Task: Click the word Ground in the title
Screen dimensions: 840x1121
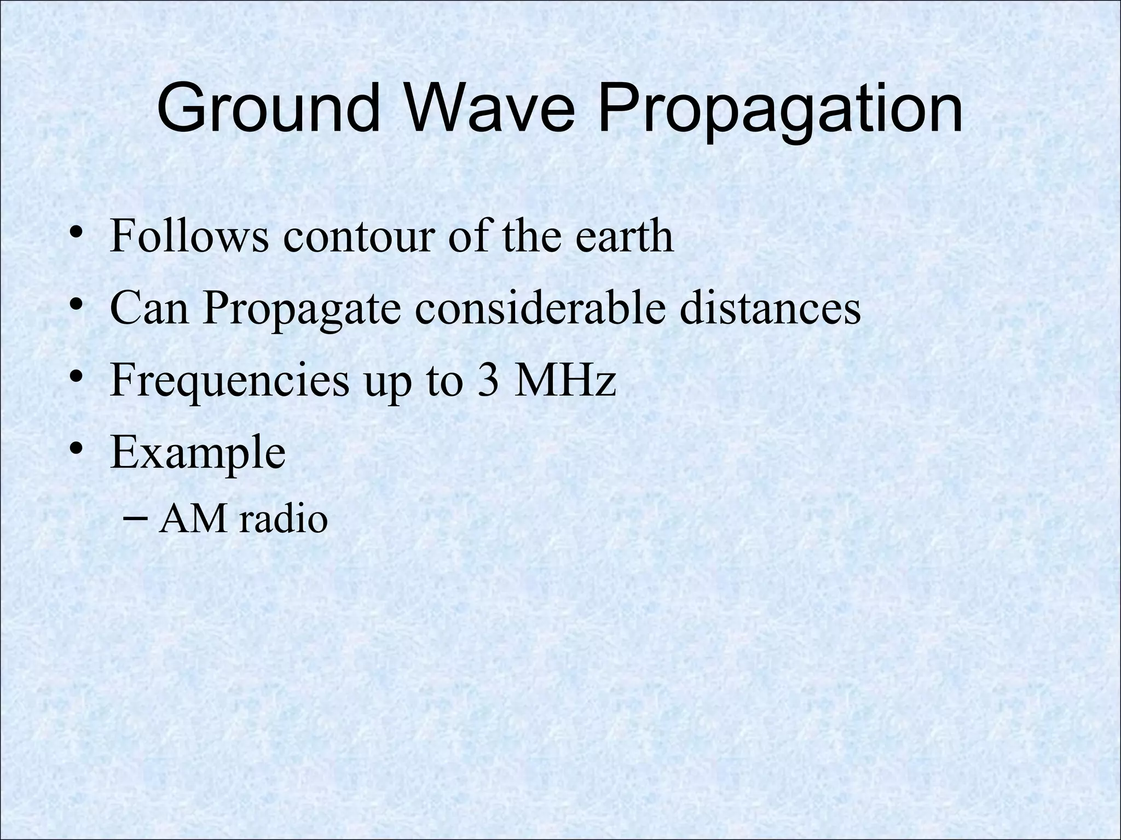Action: [x=268, y=108]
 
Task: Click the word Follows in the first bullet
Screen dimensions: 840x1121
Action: [x=189, y=236]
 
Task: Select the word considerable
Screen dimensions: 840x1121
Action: [x=540, y=307]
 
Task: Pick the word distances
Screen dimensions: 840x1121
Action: [x=770, y=307]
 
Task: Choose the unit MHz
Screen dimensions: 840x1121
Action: [x=565, y=380]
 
